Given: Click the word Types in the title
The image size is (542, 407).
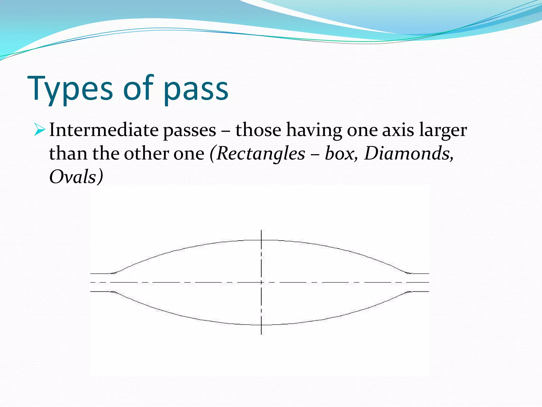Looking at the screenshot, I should point(70,89).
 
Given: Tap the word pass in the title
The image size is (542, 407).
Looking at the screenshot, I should point(196,90).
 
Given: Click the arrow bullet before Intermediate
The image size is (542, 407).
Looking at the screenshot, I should point(39,130).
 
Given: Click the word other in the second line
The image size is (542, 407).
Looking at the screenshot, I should point(147,154).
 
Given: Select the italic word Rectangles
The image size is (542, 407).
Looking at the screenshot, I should point(261,154).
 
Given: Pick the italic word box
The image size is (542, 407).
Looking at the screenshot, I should point(340,154).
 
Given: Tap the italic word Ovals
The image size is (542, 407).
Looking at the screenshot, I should point(73,177).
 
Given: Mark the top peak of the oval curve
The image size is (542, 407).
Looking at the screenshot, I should point(261,240).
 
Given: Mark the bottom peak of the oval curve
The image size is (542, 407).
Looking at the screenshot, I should point(261,325).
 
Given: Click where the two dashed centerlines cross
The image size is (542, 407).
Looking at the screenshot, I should point(261,282).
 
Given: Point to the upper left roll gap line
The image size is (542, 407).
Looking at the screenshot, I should point(102,273).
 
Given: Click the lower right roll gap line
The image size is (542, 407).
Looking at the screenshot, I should point(419,291).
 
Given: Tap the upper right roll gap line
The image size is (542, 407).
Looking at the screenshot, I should point(419,273).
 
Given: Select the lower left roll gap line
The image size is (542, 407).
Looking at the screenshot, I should point(102,291).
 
